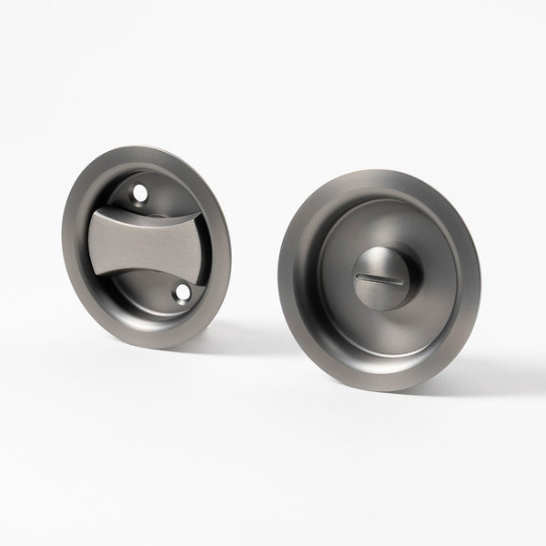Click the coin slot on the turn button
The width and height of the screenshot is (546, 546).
point(380,273)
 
